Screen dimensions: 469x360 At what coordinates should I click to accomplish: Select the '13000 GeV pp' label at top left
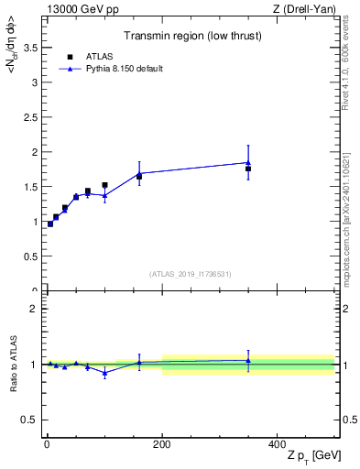[78, 9]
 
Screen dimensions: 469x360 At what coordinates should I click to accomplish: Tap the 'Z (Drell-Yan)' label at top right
[303, 9]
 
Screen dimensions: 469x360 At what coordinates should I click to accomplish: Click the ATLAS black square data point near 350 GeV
[248, 169]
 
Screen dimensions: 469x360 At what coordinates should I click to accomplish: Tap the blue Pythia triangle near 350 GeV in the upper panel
[248, 162]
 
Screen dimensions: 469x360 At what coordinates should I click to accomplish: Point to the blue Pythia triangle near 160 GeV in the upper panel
[139, 173]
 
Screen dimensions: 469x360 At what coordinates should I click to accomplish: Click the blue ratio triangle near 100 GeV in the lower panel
[105, 373]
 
